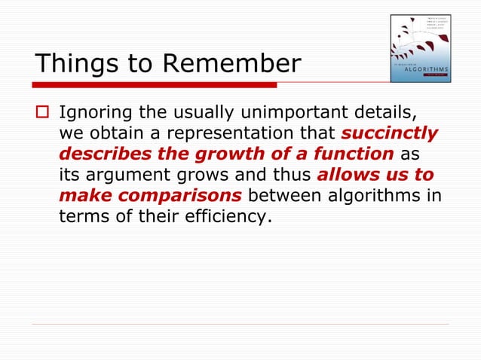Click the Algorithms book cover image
tap(420, 49)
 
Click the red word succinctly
tap(389, 134)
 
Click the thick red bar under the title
tap(155, 84)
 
